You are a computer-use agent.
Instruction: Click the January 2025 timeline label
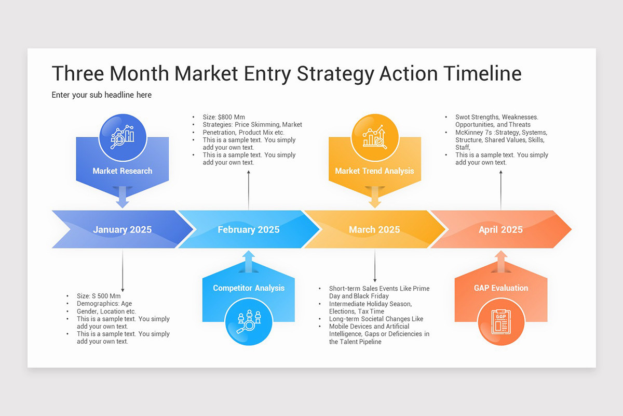tap(123, 229)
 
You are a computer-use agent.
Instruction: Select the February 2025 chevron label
tap(248, 229)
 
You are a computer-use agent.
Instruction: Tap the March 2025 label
tap(374, 229)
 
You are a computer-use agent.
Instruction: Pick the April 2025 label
tap(500, 229)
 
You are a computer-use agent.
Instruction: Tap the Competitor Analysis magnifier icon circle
tap(248, 321)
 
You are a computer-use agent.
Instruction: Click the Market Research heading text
tap(123, 171)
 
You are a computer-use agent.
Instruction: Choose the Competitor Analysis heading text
tap(249, 288)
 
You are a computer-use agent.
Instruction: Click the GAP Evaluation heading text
tap(501, 288)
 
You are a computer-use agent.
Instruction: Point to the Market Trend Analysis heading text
tap(374, 171)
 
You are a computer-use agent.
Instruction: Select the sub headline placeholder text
tap(102, 95)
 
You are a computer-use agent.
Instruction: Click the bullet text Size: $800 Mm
tap(224, 117)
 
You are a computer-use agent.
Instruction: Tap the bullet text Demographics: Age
tap(104, 304)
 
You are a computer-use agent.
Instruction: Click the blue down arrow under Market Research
tap(123, 198)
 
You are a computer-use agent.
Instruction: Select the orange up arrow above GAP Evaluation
tap(501, 260)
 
